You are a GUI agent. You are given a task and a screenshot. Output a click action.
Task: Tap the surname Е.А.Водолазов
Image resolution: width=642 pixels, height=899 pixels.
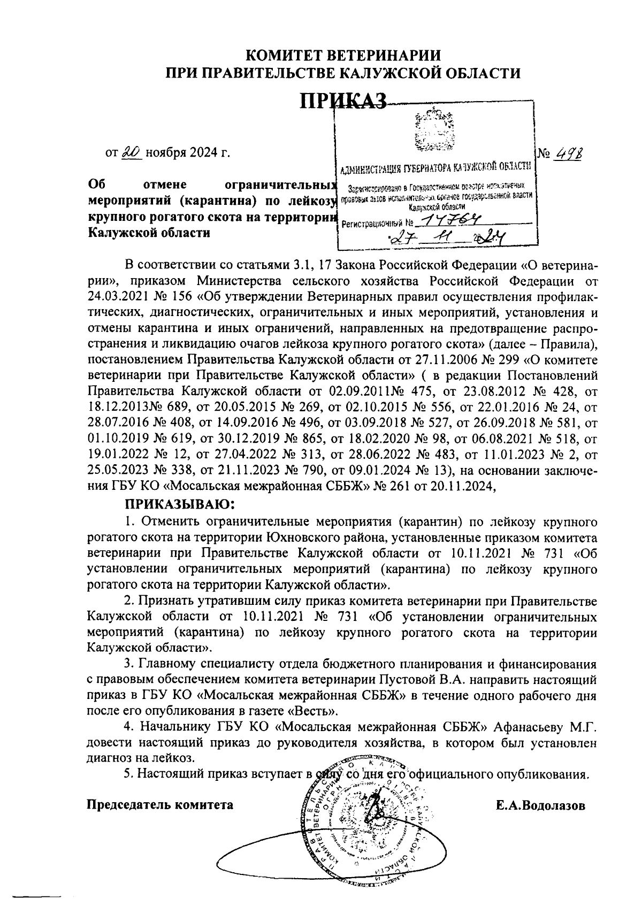[540, 805]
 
